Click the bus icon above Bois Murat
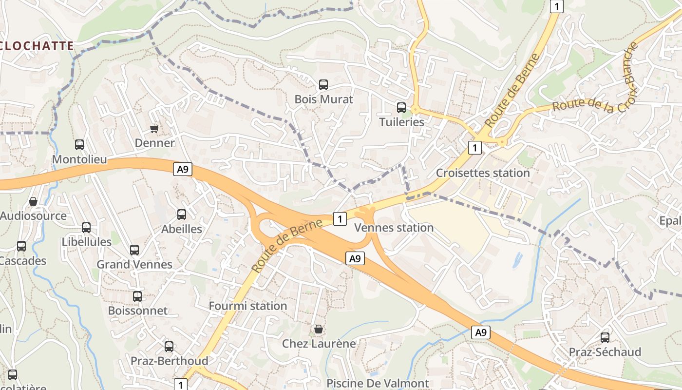click(323, 85)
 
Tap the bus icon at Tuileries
click(401, 108)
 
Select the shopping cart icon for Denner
click(154, 129)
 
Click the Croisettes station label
click(482, 173)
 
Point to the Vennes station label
click(394, 228)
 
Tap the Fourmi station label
click(247, 306)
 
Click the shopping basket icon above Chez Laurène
click(319, 330)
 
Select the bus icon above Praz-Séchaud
click(605, 337)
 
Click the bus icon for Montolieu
click(79, 145)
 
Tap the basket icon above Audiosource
click(33, 201)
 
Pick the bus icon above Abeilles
click(182, 214)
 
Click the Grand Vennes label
click(134, 265)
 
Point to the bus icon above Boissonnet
click(137, 296)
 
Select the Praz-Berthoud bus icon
click(169, 347)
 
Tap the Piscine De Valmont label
click(378, 384)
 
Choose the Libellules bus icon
click(86, 228)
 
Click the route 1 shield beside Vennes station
click(340, 219)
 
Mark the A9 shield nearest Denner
click(183, 170)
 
